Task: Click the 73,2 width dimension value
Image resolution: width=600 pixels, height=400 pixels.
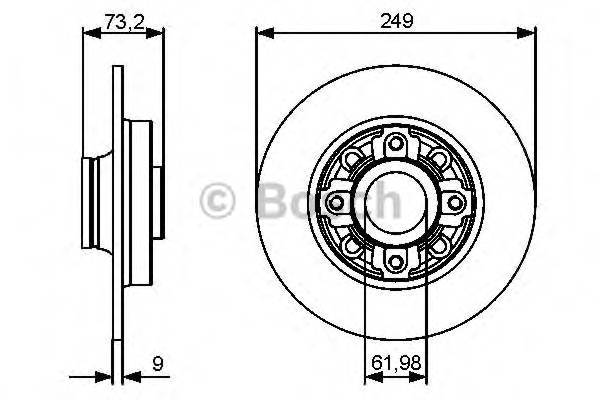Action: (122, 17)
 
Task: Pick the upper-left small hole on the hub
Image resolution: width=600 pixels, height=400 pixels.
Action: (354, 160)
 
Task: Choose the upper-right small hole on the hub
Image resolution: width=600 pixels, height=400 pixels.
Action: (438, 160)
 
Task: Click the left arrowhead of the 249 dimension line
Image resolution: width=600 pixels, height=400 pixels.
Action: (264, 33)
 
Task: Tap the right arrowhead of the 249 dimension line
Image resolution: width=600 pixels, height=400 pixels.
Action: (529, 33)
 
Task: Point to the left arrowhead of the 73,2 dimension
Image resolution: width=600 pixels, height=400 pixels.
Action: (88, 33)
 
